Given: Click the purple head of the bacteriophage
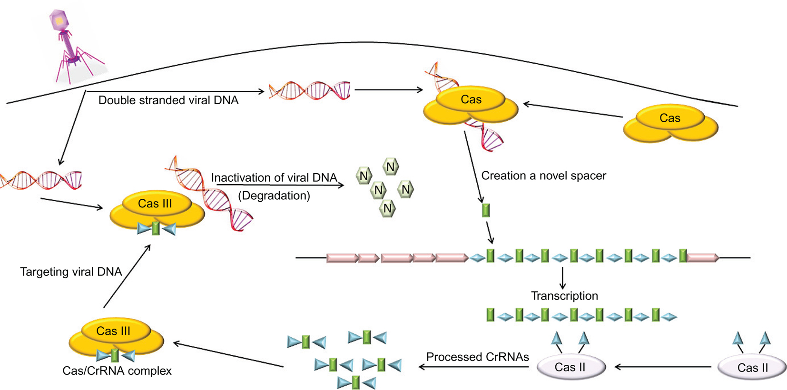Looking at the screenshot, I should (x=59, y=21).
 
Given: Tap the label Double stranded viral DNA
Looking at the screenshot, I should (x=168, y=100).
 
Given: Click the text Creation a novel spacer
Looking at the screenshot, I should (x=543, y=175).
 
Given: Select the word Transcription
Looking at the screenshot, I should (x=564, y=296).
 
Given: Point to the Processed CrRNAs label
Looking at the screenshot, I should (x=477, y=357).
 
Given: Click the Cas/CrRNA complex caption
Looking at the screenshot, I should (x=117, y=371).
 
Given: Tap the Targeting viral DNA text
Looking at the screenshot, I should (x=71, y=272).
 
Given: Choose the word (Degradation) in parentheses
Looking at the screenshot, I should (x=274, y=195).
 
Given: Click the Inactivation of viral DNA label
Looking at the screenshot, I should (x=274, y=178).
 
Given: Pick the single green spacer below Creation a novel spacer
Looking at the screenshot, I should (x=486, y=210).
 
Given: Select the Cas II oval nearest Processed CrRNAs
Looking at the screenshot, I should (x=571, y=367).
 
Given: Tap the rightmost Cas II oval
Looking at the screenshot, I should (x=752, y=367).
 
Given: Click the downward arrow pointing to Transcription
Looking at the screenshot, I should (x=563, y=278).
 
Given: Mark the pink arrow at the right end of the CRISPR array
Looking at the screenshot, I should (x=703, y=258).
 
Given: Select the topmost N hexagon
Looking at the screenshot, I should (x=391, y=167).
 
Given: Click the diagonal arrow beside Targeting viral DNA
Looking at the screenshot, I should (x=127, y=276).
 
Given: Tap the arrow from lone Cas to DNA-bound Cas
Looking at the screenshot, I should (x=572, y=110).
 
